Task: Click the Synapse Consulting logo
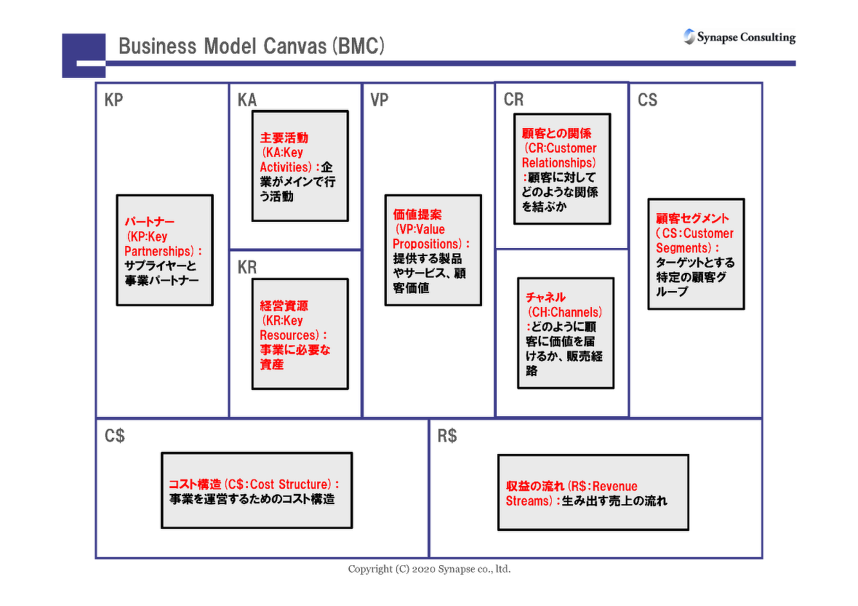click(739, 37)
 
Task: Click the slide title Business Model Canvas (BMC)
click(251, 47)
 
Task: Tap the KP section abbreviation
click(114, 100)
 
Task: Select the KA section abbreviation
click(247, 100)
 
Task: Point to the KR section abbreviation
click(247, 267)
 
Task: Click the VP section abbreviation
click(380, 100)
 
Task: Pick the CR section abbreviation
click(513, 100)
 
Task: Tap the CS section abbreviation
click(647, 100)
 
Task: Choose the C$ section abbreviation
click(115, 436)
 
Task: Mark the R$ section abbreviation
click(447, 436)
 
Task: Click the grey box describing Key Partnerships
click(164, 250)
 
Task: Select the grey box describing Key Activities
click(300, 165)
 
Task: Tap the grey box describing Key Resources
click(300, 333)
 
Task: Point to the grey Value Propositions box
click(433, 250)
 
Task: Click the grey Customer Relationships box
click(561, 168)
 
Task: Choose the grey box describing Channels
click(565, 332)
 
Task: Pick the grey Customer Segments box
click(696, 254)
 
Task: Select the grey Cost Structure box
click(256, 490)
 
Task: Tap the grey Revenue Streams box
click(593, 493)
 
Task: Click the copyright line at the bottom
click(429, 569)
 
